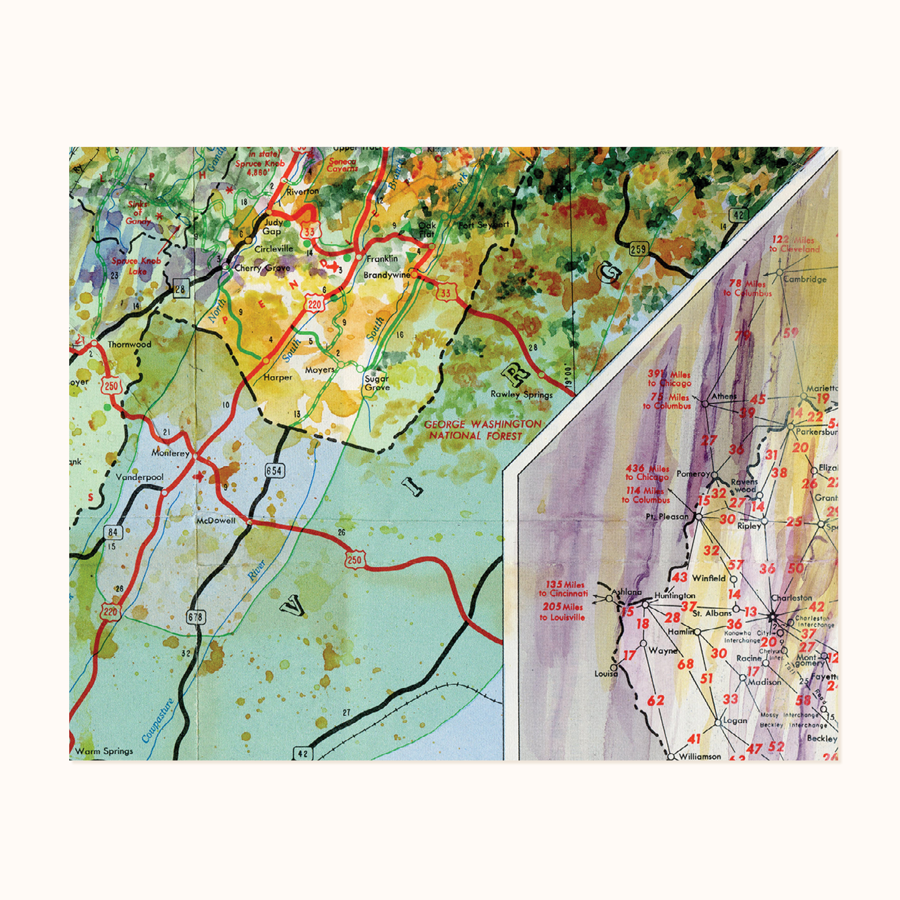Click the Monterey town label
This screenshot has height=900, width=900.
(170, 453)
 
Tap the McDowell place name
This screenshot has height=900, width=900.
(216, 520)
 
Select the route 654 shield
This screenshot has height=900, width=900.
(275, 471)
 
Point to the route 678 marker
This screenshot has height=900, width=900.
(195, 617)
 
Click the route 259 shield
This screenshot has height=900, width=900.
(639, 249)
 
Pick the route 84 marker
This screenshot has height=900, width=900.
(113, 532)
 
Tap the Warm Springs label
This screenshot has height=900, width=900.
(103, 751)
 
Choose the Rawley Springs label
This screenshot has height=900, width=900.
(521, 394)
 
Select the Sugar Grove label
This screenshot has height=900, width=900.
(377, 383)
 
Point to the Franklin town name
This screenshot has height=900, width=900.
(382, 258)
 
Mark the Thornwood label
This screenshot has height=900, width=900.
(130, 344)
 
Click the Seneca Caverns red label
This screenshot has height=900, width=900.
(342, 165)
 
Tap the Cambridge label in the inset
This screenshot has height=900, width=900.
(805, 279)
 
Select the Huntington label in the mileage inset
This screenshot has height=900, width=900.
(675, 596)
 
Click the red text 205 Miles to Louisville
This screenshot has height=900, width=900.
(563, 612)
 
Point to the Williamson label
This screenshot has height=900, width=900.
(700, 757)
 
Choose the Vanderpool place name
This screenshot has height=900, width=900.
(140, 477)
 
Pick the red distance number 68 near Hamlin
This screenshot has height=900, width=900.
(686, 665)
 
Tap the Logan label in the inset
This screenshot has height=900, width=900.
(735, 721)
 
